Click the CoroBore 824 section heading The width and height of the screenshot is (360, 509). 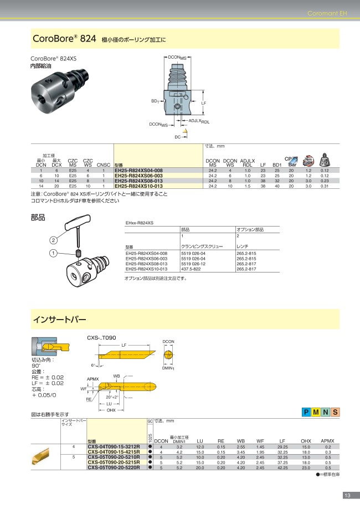click(x=57, y=39)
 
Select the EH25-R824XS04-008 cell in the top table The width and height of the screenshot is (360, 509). click(x=138, y=170)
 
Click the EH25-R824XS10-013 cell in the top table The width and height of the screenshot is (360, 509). click(x=138, y=187)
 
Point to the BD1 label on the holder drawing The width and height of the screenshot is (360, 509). click(x=155, y=101)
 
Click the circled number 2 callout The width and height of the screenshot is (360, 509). click(x=53, y=240)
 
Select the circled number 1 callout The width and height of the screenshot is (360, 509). click(x=53, y=253)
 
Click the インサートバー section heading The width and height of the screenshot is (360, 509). click(x=60, y=320)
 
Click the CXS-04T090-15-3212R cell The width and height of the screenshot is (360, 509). click(x=114, y=446)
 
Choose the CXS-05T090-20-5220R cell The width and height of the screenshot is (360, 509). click(x=114, y=468)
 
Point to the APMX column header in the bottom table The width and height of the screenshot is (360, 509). click(x=327, y=441)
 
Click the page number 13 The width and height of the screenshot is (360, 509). click(x=347, y=495)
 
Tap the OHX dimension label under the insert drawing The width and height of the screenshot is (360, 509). click(x=111, y=410)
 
